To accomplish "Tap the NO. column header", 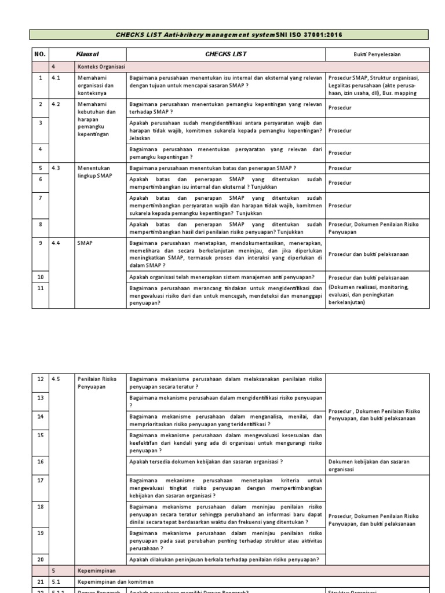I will pyautogui.click(x=39, y=54).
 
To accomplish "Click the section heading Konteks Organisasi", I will pyautogui.click(x=101, y=67).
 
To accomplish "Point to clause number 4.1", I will pyautogui.click(x=56, y=77).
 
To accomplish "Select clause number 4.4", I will pyautogui.click(x=56, y=243).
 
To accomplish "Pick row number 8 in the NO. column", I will pyautogui.click(x=41, y=224).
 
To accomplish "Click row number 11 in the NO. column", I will pyautogui.click(x=41, y=288).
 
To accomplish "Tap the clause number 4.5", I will pyautogui.click(x=56, y=379).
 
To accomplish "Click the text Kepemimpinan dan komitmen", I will pyautogui.click(x=112, y=581).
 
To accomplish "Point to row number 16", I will pyautogui.click(x=41, y=462).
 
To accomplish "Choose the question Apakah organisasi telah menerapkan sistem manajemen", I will pyautogui.click(x=222, y=277).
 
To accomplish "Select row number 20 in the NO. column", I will pyautogui.click(x=41, y=559).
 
